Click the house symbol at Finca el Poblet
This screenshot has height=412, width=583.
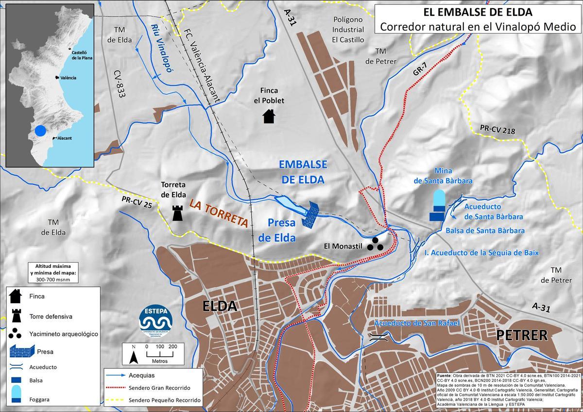269,116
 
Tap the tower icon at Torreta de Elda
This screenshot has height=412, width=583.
178,213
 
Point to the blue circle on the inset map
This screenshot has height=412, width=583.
41,131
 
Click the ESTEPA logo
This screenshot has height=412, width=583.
155,320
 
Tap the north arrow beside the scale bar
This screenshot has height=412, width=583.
133,356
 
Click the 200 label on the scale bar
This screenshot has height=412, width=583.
172,346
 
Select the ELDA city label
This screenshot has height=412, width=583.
220,306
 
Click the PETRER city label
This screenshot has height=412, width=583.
522,335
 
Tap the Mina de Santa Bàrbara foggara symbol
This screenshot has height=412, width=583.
439,200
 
